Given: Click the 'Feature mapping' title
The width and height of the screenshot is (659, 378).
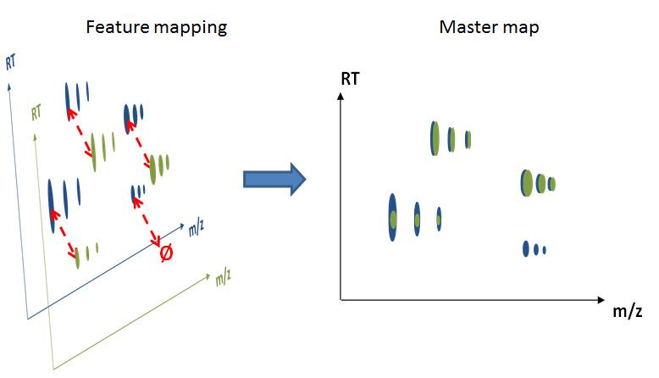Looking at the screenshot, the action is click(x=157, y=28).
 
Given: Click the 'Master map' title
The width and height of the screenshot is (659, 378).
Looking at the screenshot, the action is click(x=489, y=27).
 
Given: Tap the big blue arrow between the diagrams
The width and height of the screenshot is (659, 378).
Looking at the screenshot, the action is click(x=274, y=179).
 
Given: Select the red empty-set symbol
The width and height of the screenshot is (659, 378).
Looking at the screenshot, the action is click(x=166, y=253).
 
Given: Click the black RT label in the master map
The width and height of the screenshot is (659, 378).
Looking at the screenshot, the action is click(x=350, y=79).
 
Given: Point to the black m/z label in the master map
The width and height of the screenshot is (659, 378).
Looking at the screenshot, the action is click(x=627, y=312).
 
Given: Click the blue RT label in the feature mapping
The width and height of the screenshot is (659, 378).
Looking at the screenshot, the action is click(x=11, y=62).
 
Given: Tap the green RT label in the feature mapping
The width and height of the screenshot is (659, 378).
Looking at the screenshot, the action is click(x=36, y=112).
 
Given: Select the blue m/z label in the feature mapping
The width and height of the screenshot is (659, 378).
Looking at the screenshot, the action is click(x=197, y=227).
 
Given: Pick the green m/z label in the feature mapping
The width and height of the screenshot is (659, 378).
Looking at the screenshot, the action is click(x=223, y=278).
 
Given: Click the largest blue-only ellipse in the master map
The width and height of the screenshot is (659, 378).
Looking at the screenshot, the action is click(x=526, y=248).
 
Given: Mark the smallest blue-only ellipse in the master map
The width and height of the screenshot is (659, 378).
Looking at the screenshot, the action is click(x=545, y=251).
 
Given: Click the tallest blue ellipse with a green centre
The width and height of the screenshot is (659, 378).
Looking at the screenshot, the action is click(x=392, y=217).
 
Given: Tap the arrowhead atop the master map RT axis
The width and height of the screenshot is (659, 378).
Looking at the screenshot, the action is click(x=341, y=97).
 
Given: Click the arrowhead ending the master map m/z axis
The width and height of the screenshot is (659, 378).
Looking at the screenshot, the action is click(x=601, y=300).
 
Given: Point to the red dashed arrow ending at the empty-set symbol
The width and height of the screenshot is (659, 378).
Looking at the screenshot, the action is click(x=147, y=222).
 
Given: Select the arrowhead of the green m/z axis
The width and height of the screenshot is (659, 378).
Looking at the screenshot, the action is click(x=207, y=275).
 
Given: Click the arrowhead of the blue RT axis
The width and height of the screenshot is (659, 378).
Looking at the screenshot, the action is click(x=8, y=86).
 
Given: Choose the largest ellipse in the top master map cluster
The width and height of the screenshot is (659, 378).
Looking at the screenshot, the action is click(x=435, y=138).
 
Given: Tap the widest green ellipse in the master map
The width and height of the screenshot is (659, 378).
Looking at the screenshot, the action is click(x=528, y=183).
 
